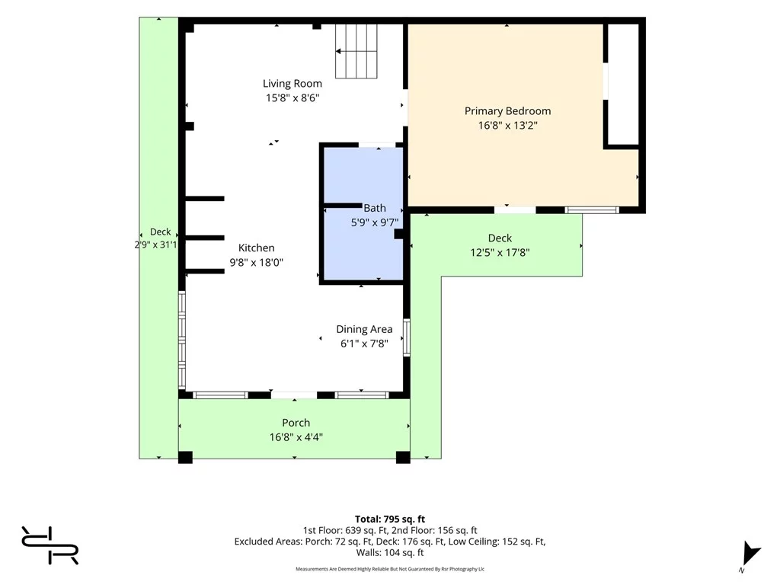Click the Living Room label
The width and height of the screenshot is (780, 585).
pyautogui.click(x=292, y=84)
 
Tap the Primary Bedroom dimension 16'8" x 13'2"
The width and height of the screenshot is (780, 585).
pyautogui.click(x=508, y=126)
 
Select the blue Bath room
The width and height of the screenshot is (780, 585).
pyautogui.click(x=363, y=214)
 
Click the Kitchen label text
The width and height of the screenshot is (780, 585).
pyautogui.click(x=256, y=248)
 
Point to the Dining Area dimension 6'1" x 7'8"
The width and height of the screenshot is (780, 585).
pyautogui.click(x=364, y=344)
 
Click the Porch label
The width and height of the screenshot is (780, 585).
pyautogui.click(x=296, y=423)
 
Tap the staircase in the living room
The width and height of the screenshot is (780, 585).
pyautogui.click(x=356, y=51)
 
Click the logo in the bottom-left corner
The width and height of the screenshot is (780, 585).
pyautogui.click(x=50, y=545)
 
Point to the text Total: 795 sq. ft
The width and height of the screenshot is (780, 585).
pyautogui.click(x=390, y=519)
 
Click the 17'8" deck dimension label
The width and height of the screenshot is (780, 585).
pyautogui.click(x=500, y=252)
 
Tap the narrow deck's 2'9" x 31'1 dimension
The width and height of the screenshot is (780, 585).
pyautogui.click(x=155, y=245)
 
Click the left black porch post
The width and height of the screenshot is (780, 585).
pyautogui.click(x=185, y=457)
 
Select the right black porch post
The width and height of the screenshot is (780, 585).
pyautogui.click(x=403, y=457)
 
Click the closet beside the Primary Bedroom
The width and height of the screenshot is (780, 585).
pyautogui.click(x=623, y=85)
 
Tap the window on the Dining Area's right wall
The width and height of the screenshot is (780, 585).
pyautogui.click(x=407, y=337)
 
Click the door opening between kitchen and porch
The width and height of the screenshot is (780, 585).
pyautogui.click(x=294, y=395)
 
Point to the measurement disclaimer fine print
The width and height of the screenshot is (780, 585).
pyautogui.click(x=390, y=568)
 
